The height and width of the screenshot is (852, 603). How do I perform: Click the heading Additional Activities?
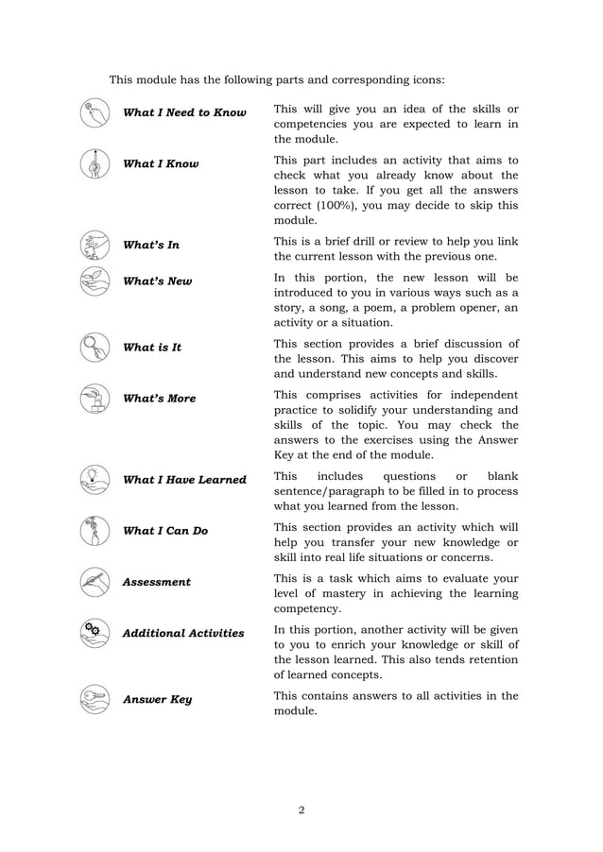pos(183,633)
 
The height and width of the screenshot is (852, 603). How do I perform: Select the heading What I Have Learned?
pos(184,480)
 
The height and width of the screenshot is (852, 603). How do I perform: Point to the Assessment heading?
pos(157,582)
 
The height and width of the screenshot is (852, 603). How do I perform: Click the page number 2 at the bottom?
pos(301,809)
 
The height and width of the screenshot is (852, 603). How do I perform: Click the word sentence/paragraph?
pos(330,491)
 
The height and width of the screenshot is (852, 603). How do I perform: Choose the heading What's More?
pos(160,399)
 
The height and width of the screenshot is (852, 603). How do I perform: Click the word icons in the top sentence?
pos(424,79)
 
